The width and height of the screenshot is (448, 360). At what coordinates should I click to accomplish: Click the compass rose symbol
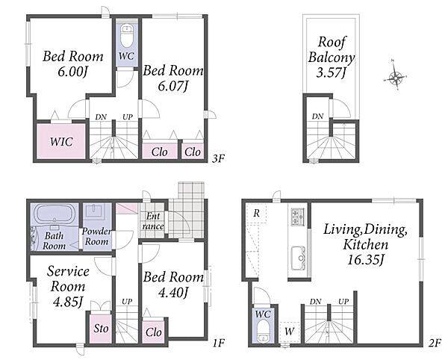click(395, 76)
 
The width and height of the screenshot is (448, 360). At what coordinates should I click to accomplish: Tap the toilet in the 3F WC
click(127, 36)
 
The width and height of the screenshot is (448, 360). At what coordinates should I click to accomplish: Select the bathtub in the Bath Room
click(55, 214)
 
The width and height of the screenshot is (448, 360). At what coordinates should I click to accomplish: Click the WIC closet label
click(61, 142)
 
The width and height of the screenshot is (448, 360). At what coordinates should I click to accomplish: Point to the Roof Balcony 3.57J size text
click(332, 72)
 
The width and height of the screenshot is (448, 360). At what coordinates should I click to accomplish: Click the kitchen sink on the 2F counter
click(299, 258)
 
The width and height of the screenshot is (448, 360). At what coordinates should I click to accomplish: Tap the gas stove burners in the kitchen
click(298, 217)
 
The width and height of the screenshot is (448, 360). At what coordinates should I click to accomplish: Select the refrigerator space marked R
click(256, 213)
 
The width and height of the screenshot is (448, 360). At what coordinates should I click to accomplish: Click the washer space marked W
click(289, 332)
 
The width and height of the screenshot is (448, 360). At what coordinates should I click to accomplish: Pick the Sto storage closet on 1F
click(101, 329)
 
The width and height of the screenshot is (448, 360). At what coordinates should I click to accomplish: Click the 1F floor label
click(219, 343)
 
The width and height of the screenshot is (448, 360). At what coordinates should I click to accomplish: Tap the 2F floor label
click(435, 343)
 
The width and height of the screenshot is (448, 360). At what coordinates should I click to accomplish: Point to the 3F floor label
click(219, 158)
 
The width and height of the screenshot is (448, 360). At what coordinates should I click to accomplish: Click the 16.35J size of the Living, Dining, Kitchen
click(365, 260)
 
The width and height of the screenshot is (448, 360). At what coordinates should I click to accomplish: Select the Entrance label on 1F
click(153, 221)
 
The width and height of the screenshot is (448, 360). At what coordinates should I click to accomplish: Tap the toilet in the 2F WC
click(262, 330)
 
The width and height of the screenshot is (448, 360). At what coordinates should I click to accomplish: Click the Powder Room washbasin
click(96, 211)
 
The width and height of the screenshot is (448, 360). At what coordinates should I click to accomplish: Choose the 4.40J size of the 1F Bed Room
click(173, 293)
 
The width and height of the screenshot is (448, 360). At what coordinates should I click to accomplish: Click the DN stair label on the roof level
click(317, 117)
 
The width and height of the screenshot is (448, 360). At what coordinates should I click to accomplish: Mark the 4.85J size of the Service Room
click(68, 302)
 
